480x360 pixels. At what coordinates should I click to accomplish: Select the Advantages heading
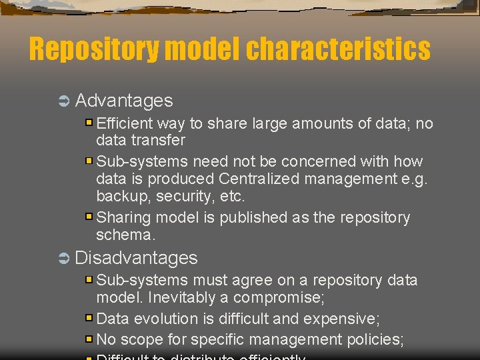tap(124, 101)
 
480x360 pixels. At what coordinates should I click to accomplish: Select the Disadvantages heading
tap(136, 258)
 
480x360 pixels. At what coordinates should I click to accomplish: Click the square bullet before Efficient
tap(89, 124)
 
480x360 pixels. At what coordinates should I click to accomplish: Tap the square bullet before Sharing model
tap(89, 217)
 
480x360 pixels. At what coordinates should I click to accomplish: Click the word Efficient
tap(125, 124)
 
